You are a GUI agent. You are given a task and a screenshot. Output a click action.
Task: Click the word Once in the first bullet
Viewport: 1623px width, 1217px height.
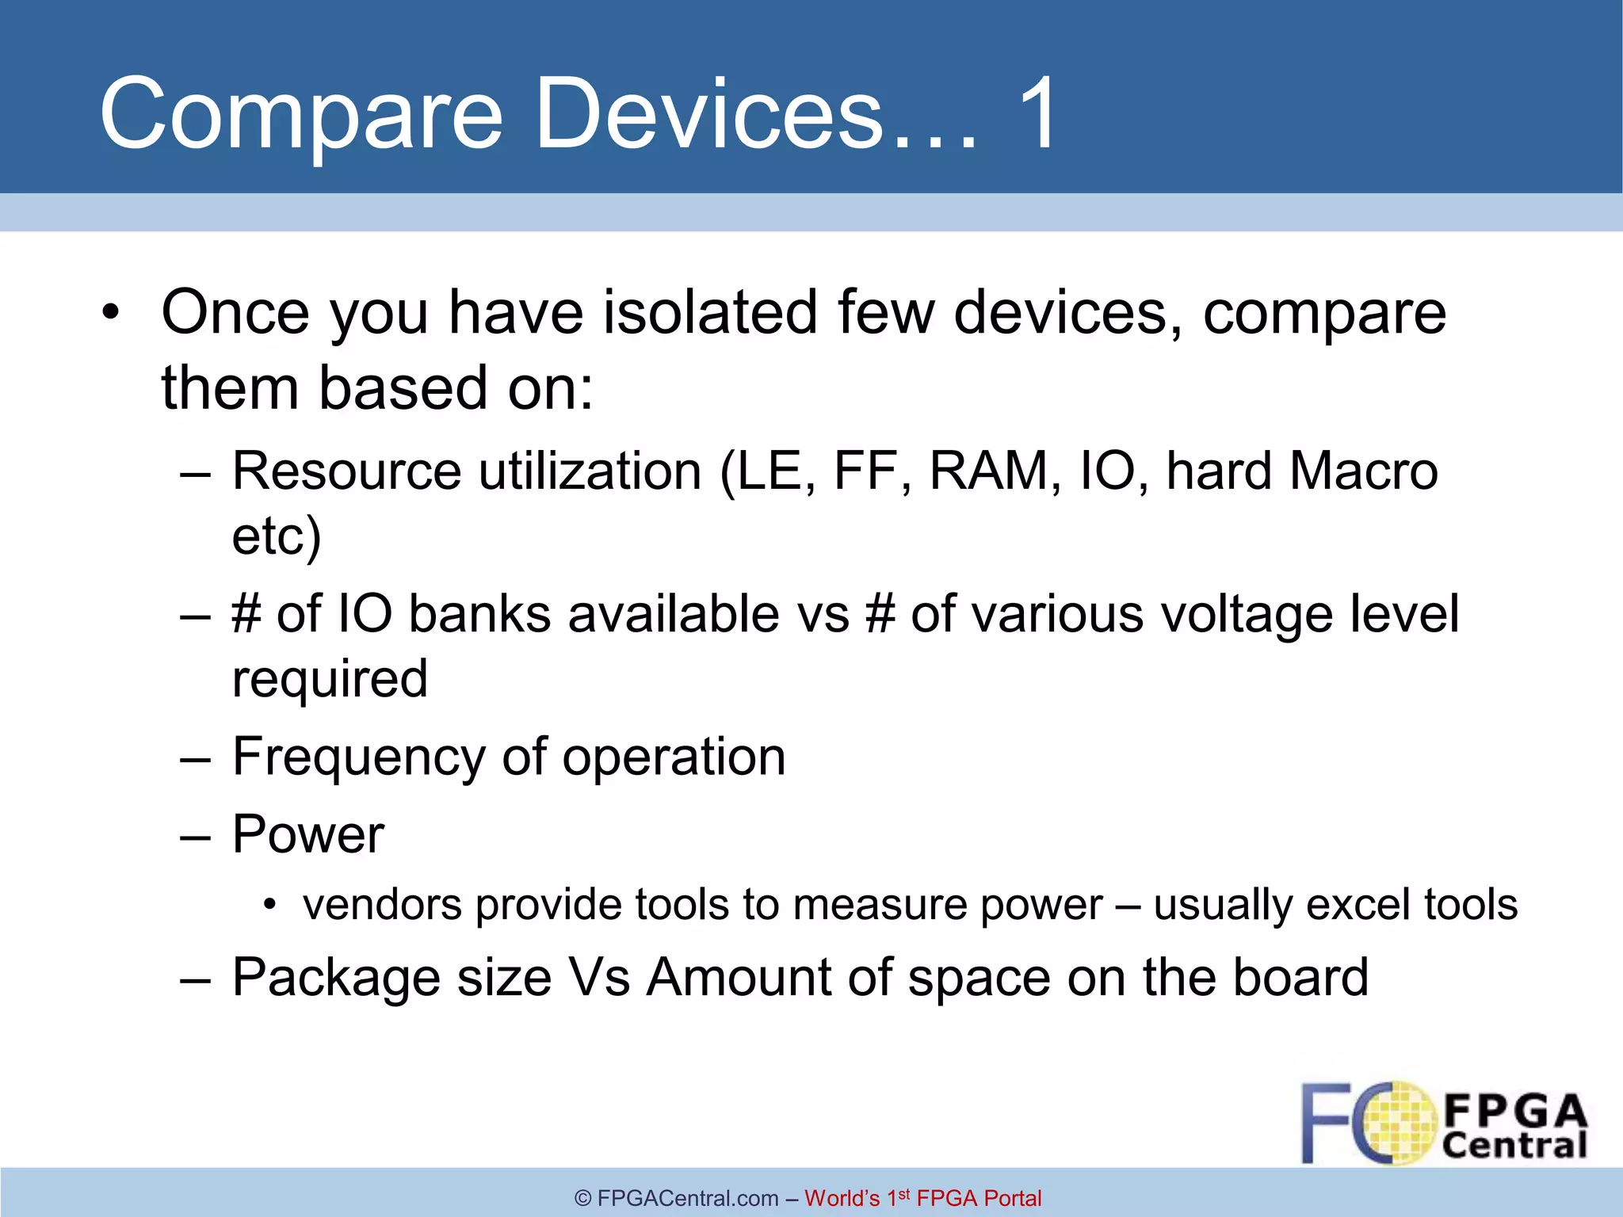pos(235,312)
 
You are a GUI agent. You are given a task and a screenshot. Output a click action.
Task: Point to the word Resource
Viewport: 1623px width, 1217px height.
pos(346,471)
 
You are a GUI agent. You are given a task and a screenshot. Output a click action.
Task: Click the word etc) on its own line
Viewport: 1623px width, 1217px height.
pos(276,536)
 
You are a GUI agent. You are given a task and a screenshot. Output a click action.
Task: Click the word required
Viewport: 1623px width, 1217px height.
pos(330,679)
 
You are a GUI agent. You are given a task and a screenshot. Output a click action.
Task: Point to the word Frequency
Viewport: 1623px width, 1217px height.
pos(358,757)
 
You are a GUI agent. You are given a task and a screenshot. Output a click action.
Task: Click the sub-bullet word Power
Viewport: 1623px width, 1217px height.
pos(307,834)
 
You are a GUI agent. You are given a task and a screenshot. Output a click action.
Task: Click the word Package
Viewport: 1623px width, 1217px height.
pos(336,977)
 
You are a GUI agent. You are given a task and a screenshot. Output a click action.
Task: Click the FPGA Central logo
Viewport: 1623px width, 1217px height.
pos(1444,1124)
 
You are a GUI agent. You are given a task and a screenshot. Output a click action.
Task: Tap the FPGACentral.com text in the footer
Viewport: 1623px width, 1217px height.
pos(688,1198)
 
